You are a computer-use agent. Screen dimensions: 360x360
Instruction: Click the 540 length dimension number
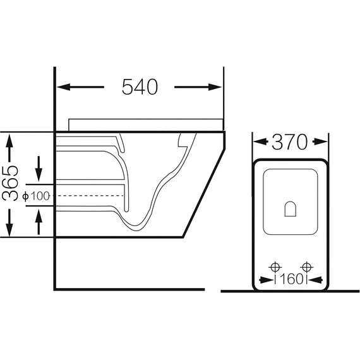140,87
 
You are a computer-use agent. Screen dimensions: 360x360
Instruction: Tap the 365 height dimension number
10,183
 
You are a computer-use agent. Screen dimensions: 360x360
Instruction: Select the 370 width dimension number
289,142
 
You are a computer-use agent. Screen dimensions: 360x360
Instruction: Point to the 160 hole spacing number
291,279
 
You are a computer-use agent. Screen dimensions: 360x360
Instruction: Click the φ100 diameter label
36,196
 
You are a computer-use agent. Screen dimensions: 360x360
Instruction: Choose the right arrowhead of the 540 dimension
215,87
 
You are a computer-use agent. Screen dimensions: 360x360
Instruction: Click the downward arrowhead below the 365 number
9,230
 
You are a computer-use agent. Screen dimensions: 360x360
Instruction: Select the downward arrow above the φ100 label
39,169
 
